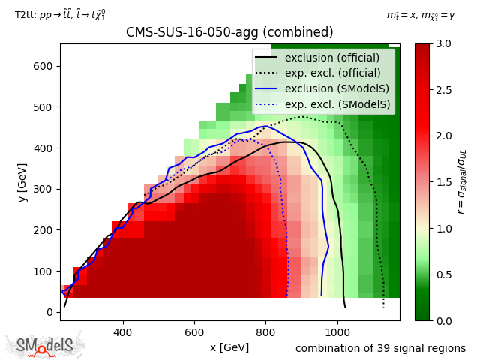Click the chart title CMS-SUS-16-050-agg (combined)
(x=229, y=33)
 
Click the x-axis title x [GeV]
(x=229, y=347)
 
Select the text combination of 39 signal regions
(x=380, y=348)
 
